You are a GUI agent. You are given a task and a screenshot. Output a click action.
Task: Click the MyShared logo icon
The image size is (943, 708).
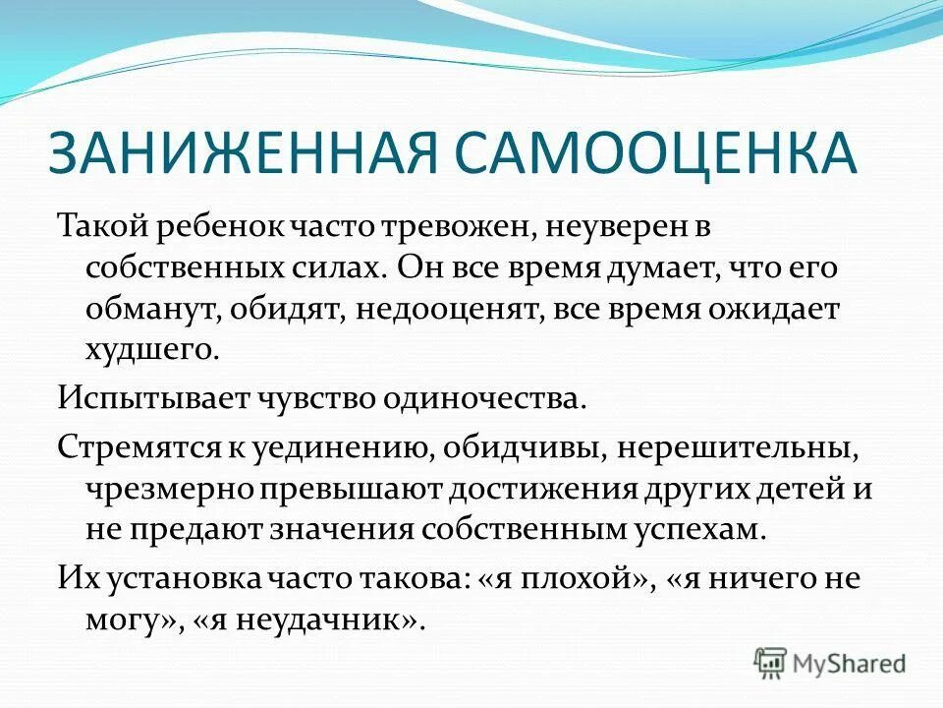coord(771,661)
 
